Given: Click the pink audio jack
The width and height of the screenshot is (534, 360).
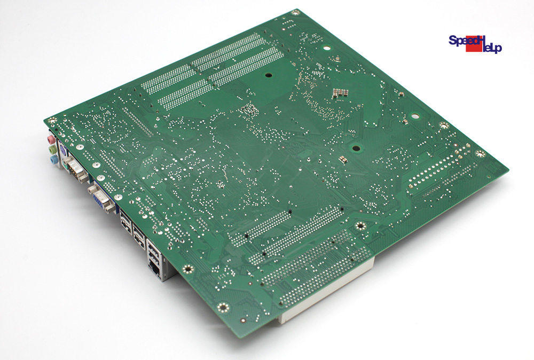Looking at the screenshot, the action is point(51,139).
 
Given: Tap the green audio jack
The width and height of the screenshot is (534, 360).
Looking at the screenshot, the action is point(52,150).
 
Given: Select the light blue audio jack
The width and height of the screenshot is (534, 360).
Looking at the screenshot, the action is point(53,159).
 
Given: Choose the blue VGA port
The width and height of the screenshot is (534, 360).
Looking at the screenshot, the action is point(101,200).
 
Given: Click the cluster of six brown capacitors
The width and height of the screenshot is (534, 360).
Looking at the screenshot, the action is point(340,92).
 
